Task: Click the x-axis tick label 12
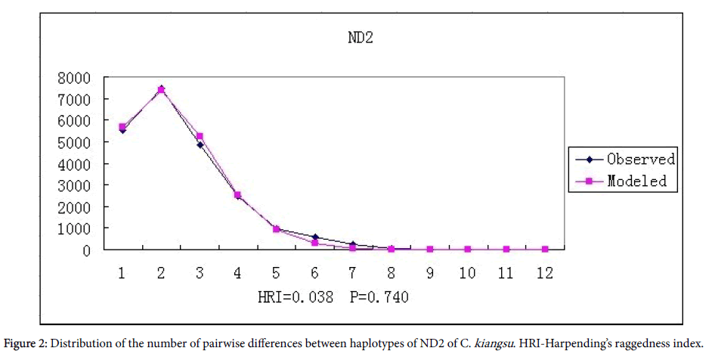coord(544,273)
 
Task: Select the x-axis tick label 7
coord(353,273)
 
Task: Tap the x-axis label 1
coord(122,273)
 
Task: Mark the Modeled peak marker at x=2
coord(161,90)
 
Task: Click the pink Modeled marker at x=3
coord(200,136)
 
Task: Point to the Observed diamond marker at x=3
coord(200,144)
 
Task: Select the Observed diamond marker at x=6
coord(314,237)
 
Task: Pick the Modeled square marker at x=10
coord(468,250)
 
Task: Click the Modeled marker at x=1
coord(122,126)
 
